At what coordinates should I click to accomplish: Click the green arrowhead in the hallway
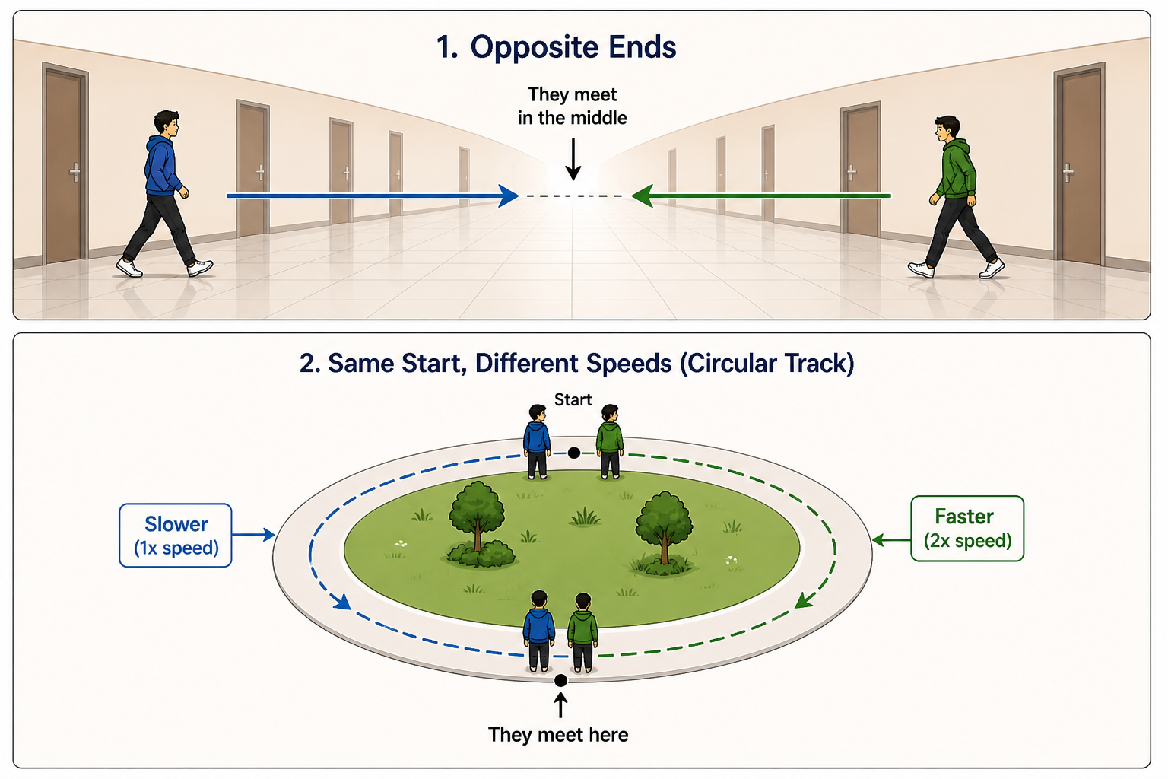point(643,196)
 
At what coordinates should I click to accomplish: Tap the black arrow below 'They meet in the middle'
point(573,159)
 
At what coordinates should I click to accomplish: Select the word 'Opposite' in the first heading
point(534,48)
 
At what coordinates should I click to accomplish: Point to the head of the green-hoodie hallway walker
point(947,130)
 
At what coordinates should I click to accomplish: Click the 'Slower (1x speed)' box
point(176,536)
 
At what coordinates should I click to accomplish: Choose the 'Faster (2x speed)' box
point(967,529)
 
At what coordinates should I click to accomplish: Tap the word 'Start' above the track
point(573,399)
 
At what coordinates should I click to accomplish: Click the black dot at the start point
point(573,453)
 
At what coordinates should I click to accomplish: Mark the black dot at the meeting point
point(560,680)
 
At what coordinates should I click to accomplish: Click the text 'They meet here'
point(558,735)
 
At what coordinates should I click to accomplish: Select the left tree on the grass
point(478,524)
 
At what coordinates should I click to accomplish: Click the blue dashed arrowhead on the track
point(341,602)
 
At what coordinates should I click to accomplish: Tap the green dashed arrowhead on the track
point(804,600)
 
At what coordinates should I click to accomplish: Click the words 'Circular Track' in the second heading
point(767,364)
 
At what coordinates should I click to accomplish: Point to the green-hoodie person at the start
point(610,442)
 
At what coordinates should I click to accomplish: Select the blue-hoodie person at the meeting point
point(539,631)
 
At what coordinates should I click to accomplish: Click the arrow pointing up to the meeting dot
point(560,705)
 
